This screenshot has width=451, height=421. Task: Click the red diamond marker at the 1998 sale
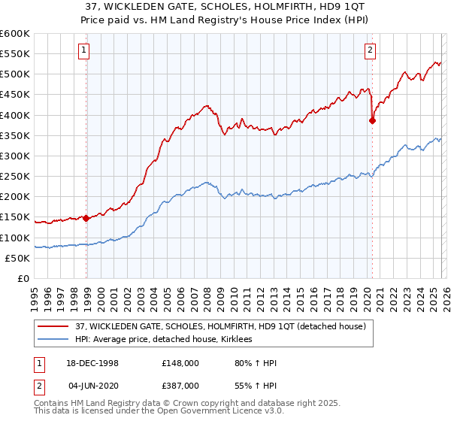click(x=86, y=219)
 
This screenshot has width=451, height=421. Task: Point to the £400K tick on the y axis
click(x=15, y=115)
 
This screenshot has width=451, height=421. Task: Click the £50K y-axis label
click(x=17, y=258)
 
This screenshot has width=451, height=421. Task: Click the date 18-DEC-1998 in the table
click(x=93, y=363)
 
